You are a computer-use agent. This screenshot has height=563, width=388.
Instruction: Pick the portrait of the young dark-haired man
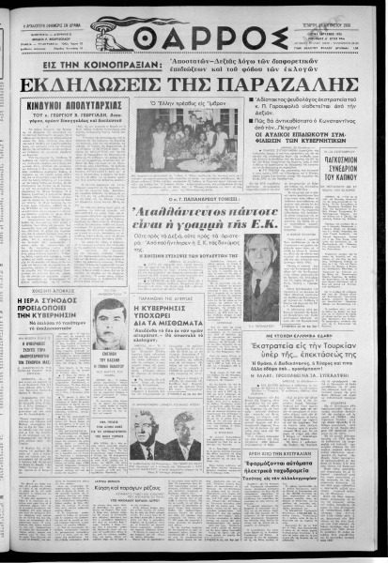[x=111, y=324]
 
